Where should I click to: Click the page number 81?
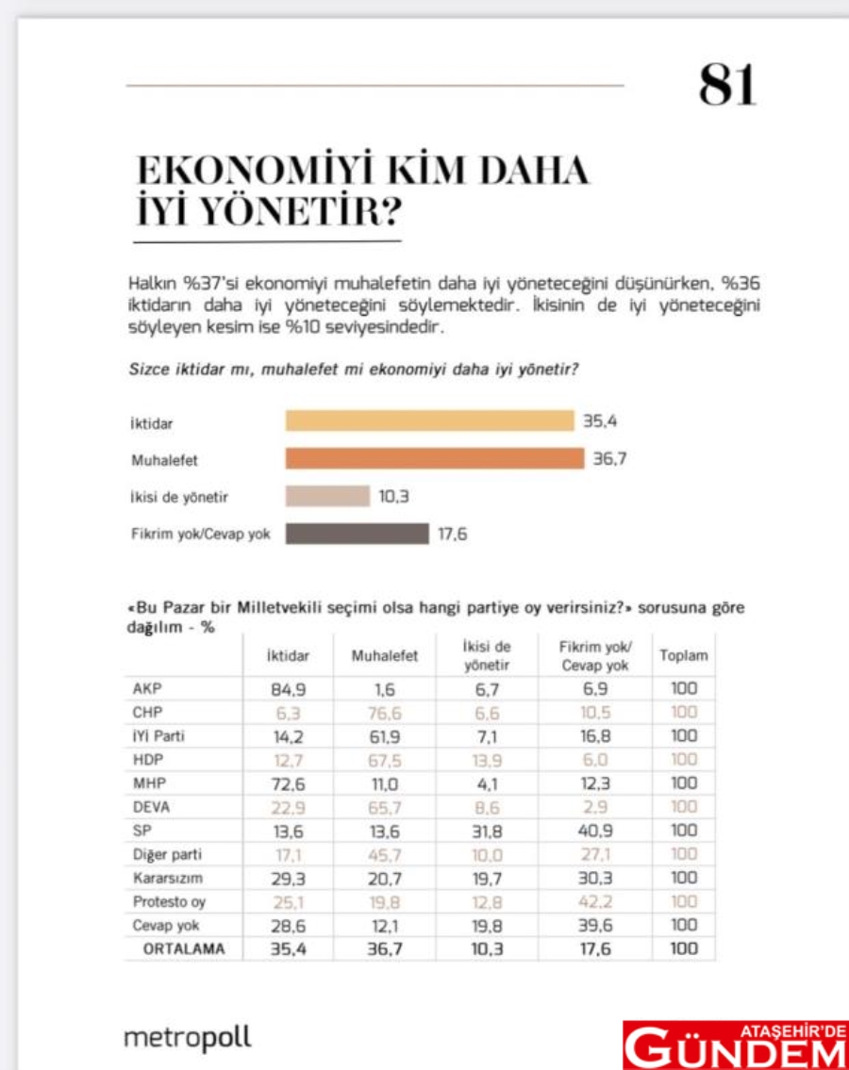(727, 86)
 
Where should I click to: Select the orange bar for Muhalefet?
(435, 459)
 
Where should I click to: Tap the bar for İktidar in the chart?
(429, 420)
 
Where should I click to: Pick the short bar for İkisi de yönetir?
(327, 496)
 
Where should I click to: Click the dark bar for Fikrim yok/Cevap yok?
(357, 534)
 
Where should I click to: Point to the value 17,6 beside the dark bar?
(453, 534)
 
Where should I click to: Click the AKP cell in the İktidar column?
(289, 689)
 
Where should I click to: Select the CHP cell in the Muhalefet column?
(384, 713)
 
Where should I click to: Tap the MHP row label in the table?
(147, 783)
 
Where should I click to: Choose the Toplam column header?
(683, 655)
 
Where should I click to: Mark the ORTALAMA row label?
(184, 949)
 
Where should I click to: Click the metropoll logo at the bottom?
(188, 1038)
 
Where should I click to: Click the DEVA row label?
(152, 807)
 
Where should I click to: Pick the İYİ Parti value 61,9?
(384, 736)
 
